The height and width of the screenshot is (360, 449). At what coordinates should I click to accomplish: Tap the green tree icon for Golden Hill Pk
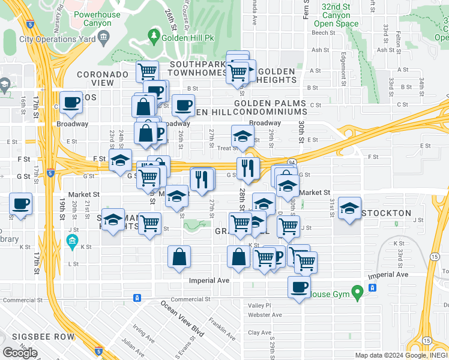coord(154,37)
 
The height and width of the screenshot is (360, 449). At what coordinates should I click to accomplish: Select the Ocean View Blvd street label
coord(182,317)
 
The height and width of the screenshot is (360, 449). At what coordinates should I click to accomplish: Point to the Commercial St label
coord(24,299)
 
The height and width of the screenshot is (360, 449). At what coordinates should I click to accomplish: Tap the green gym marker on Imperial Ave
coord(358,293)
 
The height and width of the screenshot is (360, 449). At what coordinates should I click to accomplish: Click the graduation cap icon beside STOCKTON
coord(349,208)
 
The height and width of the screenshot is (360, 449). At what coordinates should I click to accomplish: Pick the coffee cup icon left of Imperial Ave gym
coord(299,287)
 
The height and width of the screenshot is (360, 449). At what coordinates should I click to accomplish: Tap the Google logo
coord(20,352)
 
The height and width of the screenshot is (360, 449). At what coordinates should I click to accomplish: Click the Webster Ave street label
coord(265,315)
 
